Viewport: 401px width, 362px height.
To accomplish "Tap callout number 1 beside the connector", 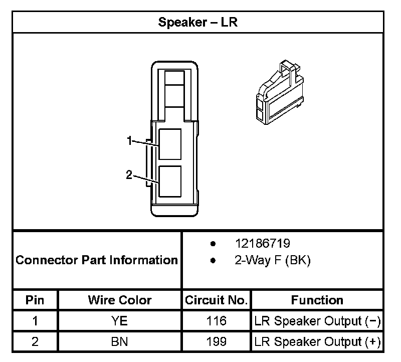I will [x=129, y=141].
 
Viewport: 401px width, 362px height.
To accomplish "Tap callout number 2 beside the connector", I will [x=129, y=174].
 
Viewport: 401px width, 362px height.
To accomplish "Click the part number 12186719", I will [x=263, y=244].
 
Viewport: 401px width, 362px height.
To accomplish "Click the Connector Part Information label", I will [x=97, y=260].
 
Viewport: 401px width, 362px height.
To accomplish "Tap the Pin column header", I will [x=35, y=300].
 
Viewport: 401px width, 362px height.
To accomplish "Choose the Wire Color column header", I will [x=120, y=300].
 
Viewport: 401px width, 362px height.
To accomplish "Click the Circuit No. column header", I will [x=216, y=300].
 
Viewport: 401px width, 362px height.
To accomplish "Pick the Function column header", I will [x=317, y=300].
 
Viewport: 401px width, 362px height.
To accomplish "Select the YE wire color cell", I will [x=120, y=321].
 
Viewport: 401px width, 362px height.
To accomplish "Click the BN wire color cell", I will [x=120, y=342].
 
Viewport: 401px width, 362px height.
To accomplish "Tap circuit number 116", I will [x=216, y=321].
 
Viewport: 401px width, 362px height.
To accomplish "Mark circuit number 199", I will [x=216, y=342].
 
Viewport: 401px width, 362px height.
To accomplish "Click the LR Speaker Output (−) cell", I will [x=318, y=321].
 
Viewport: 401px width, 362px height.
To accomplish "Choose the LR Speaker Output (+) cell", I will [x=318, y=342].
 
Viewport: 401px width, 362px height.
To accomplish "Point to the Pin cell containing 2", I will [x=35, y=342].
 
